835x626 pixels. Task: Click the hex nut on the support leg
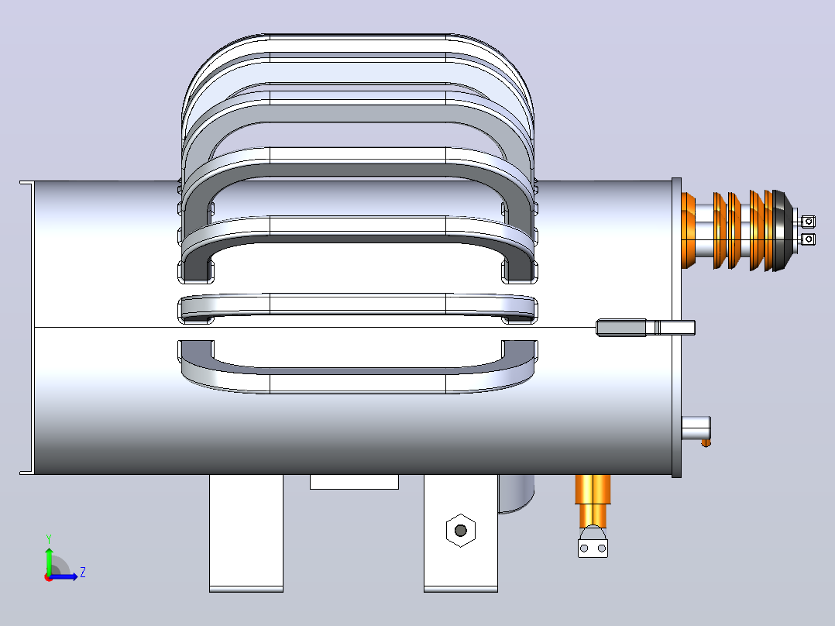coord(461,530)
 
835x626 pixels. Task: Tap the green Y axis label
coord(49,539)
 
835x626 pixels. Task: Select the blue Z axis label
coord(83,573)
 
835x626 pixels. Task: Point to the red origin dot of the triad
coord(49,577)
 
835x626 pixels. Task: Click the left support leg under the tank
coord(246,533)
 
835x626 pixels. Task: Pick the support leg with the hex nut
coord(461,533)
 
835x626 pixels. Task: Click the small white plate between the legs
coord(354,482)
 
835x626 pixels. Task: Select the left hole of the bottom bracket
coord(584,549)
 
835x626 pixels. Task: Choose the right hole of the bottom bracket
coord(602,549)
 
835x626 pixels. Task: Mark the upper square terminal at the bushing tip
coord(808,221)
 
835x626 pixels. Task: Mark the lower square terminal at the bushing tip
coord(808,239)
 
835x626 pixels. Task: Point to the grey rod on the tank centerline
coord(645,328)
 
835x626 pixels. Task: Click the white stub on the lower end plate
coord(696,428)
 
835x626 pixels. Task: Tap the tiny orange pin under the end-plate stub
coord(706,442)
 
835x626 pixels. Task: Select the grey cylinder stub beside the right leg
coord(516,494)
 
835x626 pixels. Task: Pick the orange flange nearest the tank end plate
coord(689,231)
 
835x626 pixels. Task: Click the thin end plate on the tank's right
coord(676,328)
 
